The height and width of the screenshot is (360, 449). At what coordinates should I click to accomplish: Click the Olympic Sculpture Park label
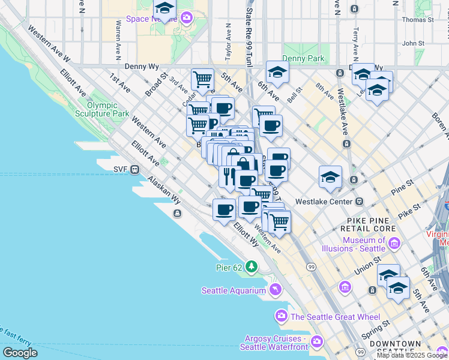[103, 109]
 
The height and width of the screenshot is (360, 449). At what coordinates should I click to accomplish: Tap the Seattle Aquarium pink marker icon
[276, 290]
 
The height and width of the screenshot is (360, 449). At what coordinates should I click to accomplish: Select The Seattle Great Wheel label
[335, 316]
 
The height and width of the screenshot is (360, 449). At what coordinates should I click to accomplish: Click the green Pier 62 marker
[253, 266]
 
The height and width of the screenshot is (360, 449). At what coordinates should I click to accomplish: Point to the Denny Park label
[303, 59]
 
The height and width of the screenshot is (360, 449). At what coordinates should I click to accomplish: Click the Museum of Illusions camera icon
[394, 243]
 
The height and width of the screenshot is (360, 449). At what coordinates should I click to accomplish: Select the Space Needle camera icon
[187, 18]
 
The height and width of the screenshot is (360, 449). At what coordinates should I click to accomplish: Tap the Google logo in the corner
[20, 353]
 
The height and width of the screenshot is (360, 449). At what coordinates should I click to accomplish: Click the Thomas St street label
[417, 20]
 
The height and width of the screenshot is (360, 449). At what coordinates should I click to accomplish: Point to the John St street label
[413, 43]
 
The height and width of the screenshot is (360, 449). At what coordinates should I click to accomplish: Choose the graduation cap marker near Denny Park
[277, 73]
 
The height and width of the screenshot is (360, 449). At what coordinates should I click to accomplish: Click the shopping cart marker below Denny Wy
[203, 79]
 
